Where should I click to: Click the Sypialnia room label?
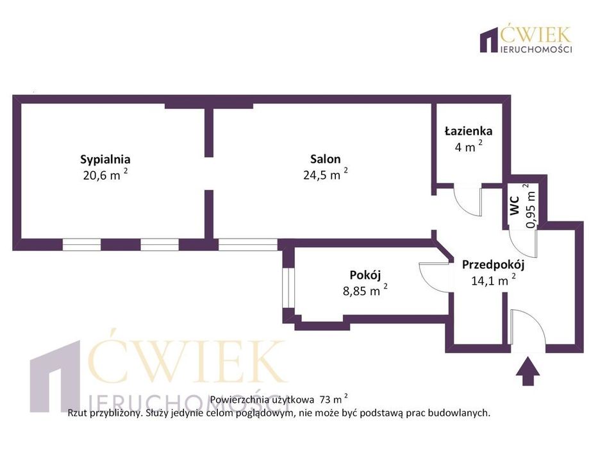click(105, 159)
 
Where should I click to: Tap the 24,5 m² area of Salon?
click(326, 174)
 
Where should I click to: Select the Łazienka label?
click(469, 131)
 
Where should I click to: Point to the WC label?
click(515, 205)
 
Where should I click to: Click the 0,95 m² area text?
click(530, 206)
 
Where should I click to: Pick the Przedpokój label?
click(493, 264)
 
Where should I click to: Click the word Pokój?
click(365, 275)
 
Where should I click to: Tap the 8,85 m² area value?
click(365, 290)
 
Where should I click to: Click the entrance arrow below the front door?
click(527, 371)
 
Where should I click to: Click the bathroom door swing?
click(468, 200)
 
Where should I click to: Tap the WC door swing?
click(523, 244)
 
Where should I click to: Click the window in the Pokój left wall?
click(288, 287)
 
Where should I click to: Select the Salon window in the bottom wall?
click(248, 244)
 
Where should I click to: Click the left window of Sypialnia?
click(81, 244)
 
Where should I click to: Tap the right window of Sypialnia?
click(160, 244)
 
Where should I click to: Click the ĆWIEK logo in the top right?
click(526, 39)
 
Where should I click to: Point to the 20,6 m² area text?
click(105, 175)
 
